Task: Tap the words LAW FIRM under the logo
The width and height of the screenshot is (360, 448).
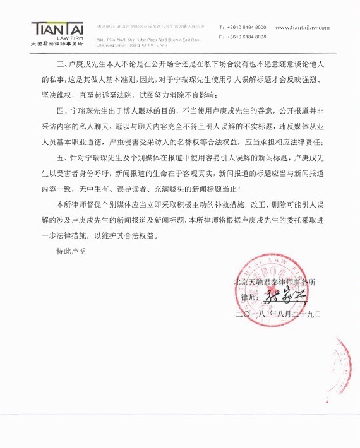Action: click(70, 38)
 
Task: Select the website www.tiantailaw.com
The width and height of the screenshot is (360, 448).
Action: click(311, 28)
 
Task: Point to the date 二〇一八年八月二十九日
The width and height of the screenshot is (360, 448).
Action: click(278, 314)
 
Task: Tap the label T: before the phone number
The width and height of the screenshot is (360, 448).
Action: click(220, 28)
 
